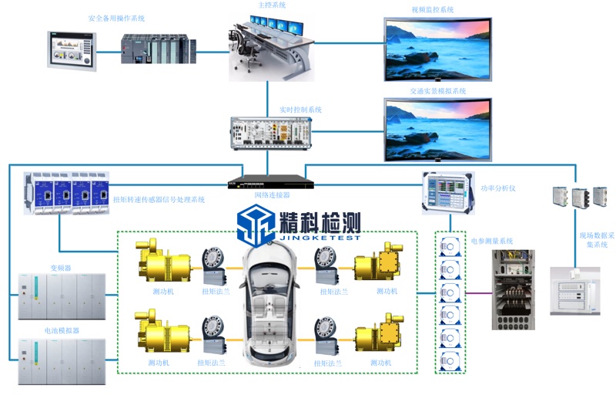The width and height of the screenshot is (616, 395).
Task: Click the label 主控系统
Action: point(270,5)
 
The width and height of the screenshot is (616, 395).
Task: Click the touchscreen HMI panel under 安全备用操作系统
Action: point(71,49)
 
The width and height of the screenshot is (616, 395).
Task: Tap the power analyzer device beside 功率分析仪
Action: point(446,191)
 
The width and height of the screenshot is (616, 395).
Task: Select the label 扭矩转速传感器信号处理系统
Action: point(159,200)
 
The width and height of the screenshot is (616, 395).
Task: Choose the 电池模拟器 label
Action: point(61,330)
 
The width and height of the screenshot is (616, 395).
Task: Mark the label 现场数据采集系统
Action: point(592,238)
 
